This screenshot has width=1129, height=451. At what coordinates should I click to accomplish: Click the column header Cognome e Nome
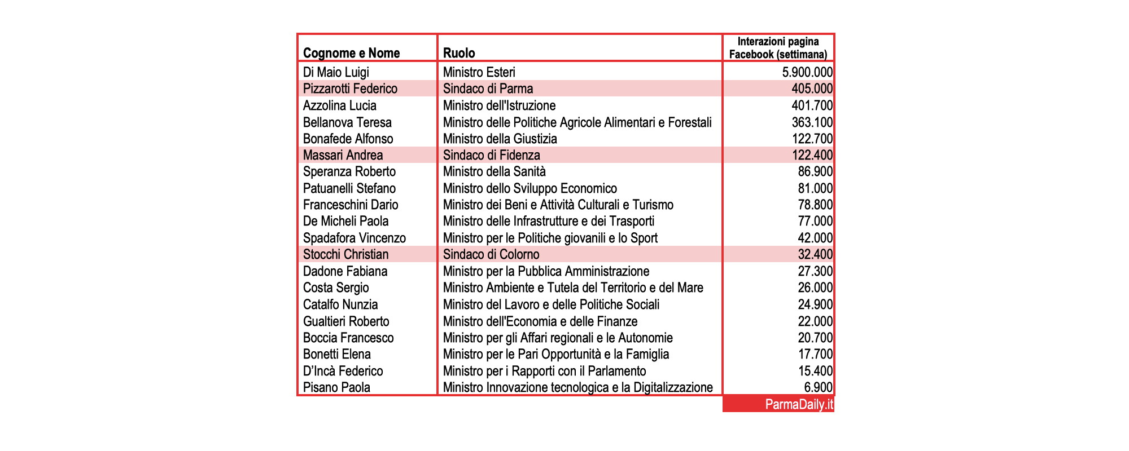tap(351, 53)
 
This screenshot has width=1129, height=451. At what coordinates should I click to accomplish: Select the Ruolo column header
tap(459, 53)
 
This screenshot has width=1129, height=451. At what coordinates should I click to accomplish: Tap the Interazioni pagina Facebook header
tap(778, 48)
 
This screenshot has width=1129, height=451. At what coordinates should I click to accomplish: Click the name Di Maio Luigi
tap(336, 72)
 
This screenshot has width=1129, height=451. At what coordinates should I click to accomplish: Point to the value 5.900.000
tap(807, 72)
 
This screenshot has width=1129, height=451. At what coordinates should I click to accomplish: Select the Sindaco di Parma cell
tap(488, 89)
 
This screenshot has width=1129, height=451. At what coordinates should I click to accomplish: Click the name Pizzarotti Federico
tap(350, 89)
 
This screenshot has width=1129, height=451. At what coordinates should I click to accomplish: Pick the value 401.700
tap(812, 105)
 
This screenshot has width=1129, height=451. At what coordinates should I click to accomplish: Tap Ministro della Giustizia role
tap(500, 139)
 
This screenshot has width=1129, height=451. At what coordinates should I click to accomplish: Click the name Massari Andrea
tap(343, 155)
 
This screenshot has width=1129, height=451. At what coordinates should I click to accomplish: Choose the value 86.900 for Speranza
tap(815, 171)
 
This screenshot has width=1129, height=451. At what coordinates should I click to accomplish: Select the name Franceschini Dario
tap(351, 205)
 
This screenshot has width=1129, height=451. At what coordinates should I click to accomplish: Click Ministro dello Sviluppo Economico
tap(530, 188)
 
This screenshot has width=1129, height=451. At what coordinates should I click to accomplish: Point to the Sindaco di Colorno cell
tap(491, 254)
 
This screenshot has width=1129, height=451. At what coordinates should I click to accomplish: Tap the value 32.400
tap(815, 254)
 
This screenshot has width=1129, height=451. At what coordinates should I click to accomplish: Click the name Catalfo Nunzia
tap(340, 304)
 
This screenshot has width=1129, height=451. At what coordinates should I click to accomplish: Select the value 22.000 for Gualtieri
tap(815, 321)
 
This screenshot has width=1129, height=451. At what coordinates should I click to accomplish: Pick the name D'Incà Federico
tap(343, 371)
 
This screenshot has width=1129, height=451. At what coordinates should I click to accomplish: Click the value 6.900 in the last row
tap(818, 387)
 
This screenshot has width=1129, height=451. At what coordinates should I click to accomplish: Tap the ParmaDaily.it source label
tap(799, 405)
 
